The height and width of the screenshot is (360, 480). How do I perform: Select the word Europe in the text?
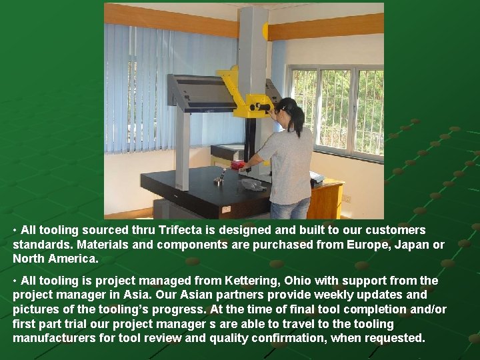(365, 245)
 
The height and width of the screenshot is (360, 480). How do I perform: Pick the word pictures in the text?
(35, 309)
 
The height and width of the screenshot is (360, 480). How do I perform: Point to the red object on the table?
(237, 164)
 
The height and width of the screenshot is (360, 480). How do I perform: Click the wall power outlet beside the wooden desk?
(346, 198)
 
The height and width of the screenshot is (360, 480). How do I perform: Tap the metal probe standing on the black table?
(221, 177)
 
